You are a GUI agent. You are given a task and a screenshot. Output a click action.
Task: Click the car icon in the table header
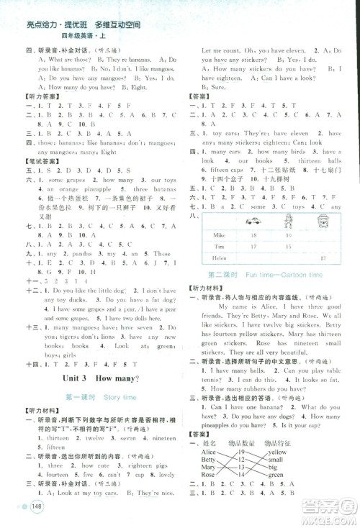(x=252, y=221)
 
